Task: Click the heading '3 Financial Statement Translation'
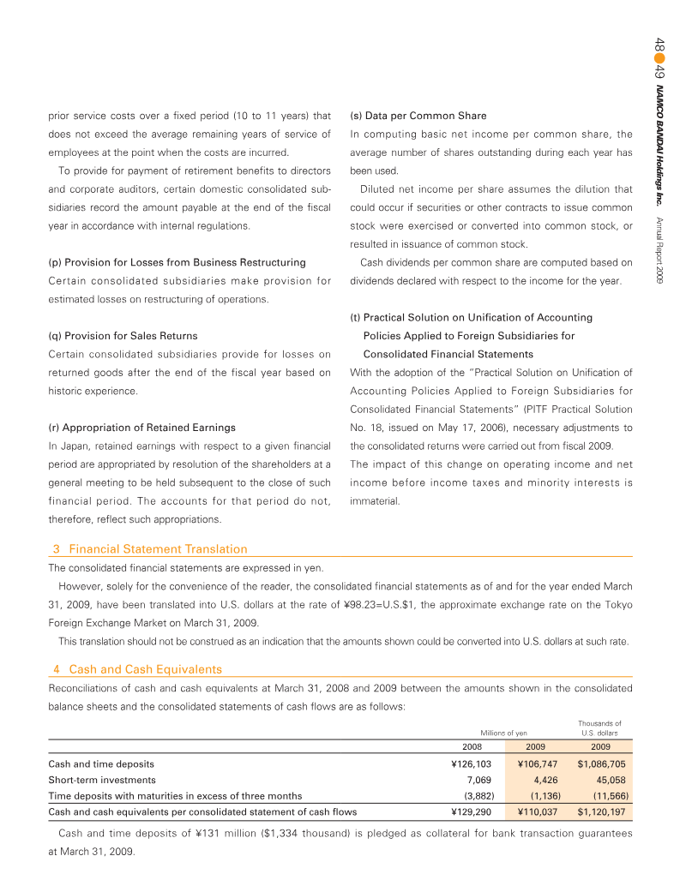point(158,549)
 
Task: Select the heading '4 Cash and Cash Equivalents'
point(145,669)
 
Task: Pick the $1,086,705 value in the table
point(601,763)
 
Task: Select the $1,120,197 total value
point(601,810)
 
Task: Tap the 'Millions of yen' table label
point(503,733)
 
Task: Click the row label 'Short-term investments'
point(102,780)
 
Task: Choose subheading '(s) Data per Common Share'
point(418,116)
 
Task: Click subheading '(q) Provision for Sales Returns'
point(123,336)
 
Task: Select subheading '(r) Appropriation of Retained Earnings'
point(141,427)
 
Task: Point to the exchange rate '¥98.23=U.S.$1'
point(379,605)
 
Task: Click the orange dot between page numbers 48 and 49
point(659,55)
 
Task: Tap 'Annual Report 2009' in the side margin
point(659,252)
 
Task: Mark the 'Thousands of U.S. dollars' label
point(600,728)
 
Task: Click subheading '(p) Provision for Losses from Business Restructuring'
point(177,262)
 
